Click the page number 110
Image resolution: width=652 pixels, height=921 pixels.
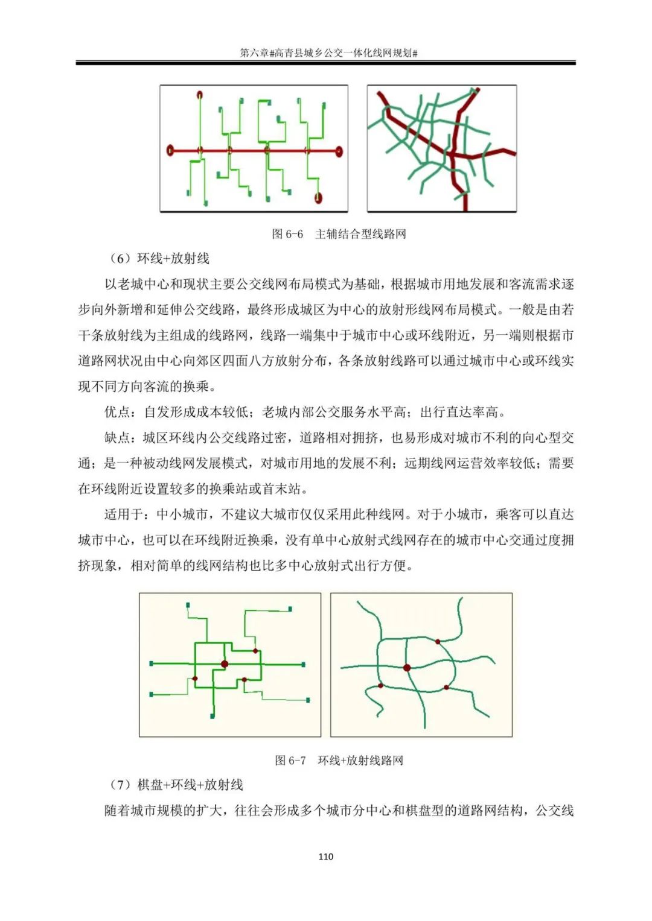(325, 856)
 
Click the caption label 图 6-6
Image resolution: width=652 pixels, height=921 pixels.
(287, 234)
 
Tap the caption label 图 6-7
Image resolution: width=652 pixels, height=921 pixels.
(290, 761)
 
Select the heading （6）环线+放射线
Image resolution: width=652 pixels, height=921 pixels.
(159, 259)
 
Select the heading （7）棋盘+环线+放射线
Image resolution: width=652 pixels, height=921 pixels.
(176, 785)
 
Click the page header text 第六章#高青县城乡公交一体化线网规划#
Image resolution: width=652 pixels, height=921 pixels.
(328, 53)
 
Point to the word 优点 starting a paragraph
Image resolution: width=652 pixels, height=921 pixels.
(117, 412)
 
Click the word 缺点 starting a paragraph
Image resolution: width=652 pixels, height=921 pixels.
(117, 438)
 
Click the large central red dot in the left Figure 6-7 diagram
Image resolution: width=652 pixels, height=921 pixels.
(225, 664)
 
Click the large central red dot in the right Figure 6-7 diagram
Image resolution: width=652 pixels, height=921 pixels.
(407, 668)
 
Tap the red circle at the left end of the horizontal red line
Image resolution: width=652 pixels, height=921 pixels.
(170, 150)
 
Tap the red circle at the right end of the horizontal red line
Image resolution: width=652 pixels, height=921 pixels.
(339, 151)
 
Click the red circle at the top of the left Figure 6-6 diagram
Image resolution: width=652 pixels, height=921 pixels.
(200, 95)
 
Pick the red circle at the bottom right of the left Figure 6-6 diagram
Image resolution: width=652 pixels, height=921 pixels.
(318, 197)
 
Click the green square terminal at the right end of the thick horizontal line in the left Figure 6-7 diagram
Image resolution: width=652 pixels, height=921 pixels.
(303, 665)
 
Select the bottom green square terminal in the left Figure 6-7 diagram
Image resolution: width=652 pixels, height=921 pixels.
(213, 716)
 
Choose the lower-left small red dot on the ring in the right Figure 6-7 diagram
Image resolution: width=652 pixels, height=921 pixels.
(380, 686)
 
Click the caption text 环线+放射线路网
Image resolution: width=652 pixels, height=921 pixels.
(360, 761)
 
